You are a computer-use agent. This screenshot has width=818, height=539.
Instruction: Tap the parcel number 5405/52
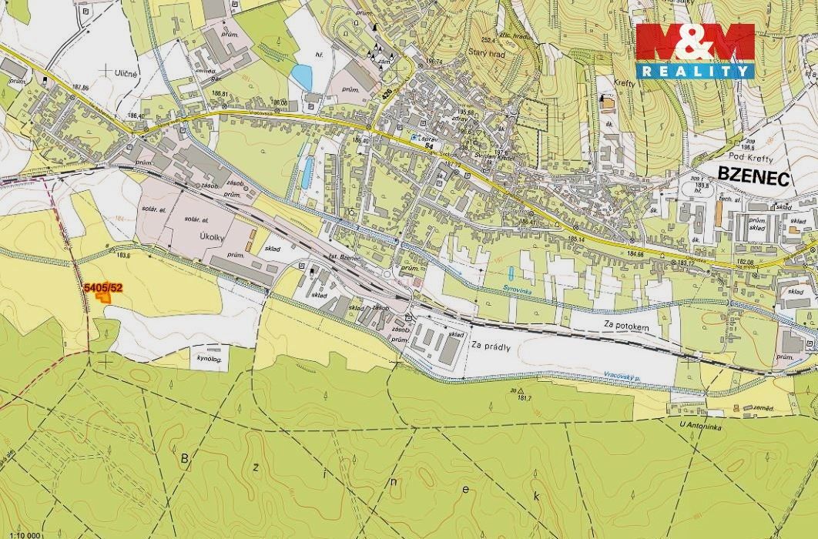102,288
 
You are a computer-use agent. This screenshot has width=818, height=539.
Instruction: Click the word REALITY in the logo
695,71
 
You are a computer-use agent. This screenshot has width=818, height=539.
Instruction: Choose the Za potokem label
628,327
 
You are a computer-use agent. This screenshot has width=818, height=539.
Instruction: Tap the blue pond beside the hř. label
302,76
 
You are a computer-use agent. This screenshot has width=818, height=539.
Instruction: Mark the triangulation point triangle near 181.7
512,390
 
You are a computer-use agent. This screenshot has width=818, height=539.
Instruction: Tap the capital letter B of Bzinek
184,460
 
